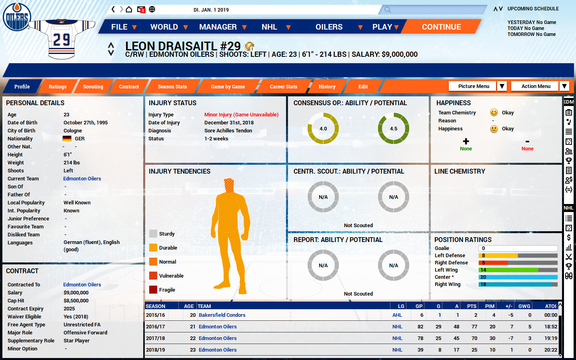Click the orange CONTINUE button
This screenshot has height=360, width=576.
pyautogui.click(x=441, y=27)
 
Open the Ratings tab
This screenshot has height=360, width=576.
pyautogui.click(x=58, y=86)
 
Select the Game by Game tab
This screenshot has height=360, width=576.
pyautogui.click(x=228, y=86)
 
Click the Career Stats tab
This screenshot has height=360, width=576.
pyautogui.click(x=283, y=86)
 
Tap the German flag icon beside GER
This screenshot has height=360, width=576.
pyautogui.click(x=67, y=139)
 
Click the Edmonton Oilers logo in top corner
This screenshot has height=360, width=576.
pyautogui.click(x=17, y=17)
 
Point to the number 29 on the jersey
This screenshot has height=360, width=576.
pyautogui.click(x=62, y=40)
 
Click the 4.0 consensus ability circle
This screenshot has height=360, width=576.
pyautogui.click(x=323, y=128)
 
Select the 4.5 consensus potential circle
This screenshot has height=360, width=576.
pyautogui.click(x=394, y=128)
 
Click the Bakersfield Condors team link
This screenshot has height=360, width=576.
pyautogui.click(x=222, y=315)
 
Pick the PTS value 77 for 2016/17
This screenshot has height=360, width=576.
pyautogui.click(x=474, y=327)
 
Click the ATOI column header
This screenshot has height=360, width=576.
pyautogui.click(x=550, y=306)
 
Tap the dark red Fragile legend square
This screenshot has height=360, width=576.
pyautogui.click(x=153, y=290)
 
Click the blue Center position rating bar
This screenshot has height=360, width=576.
pyautogui.click(x=518, y=277)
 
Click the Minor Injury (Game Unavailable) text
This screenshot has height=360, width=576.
pyautogui.click(x=241, y=115)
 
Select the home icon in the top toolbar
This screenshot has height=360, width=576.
pyautogui.click(x=129, y=9)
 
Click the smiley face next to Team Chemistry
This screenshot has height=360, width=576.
pyautogui.click(x=494, y=112)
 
